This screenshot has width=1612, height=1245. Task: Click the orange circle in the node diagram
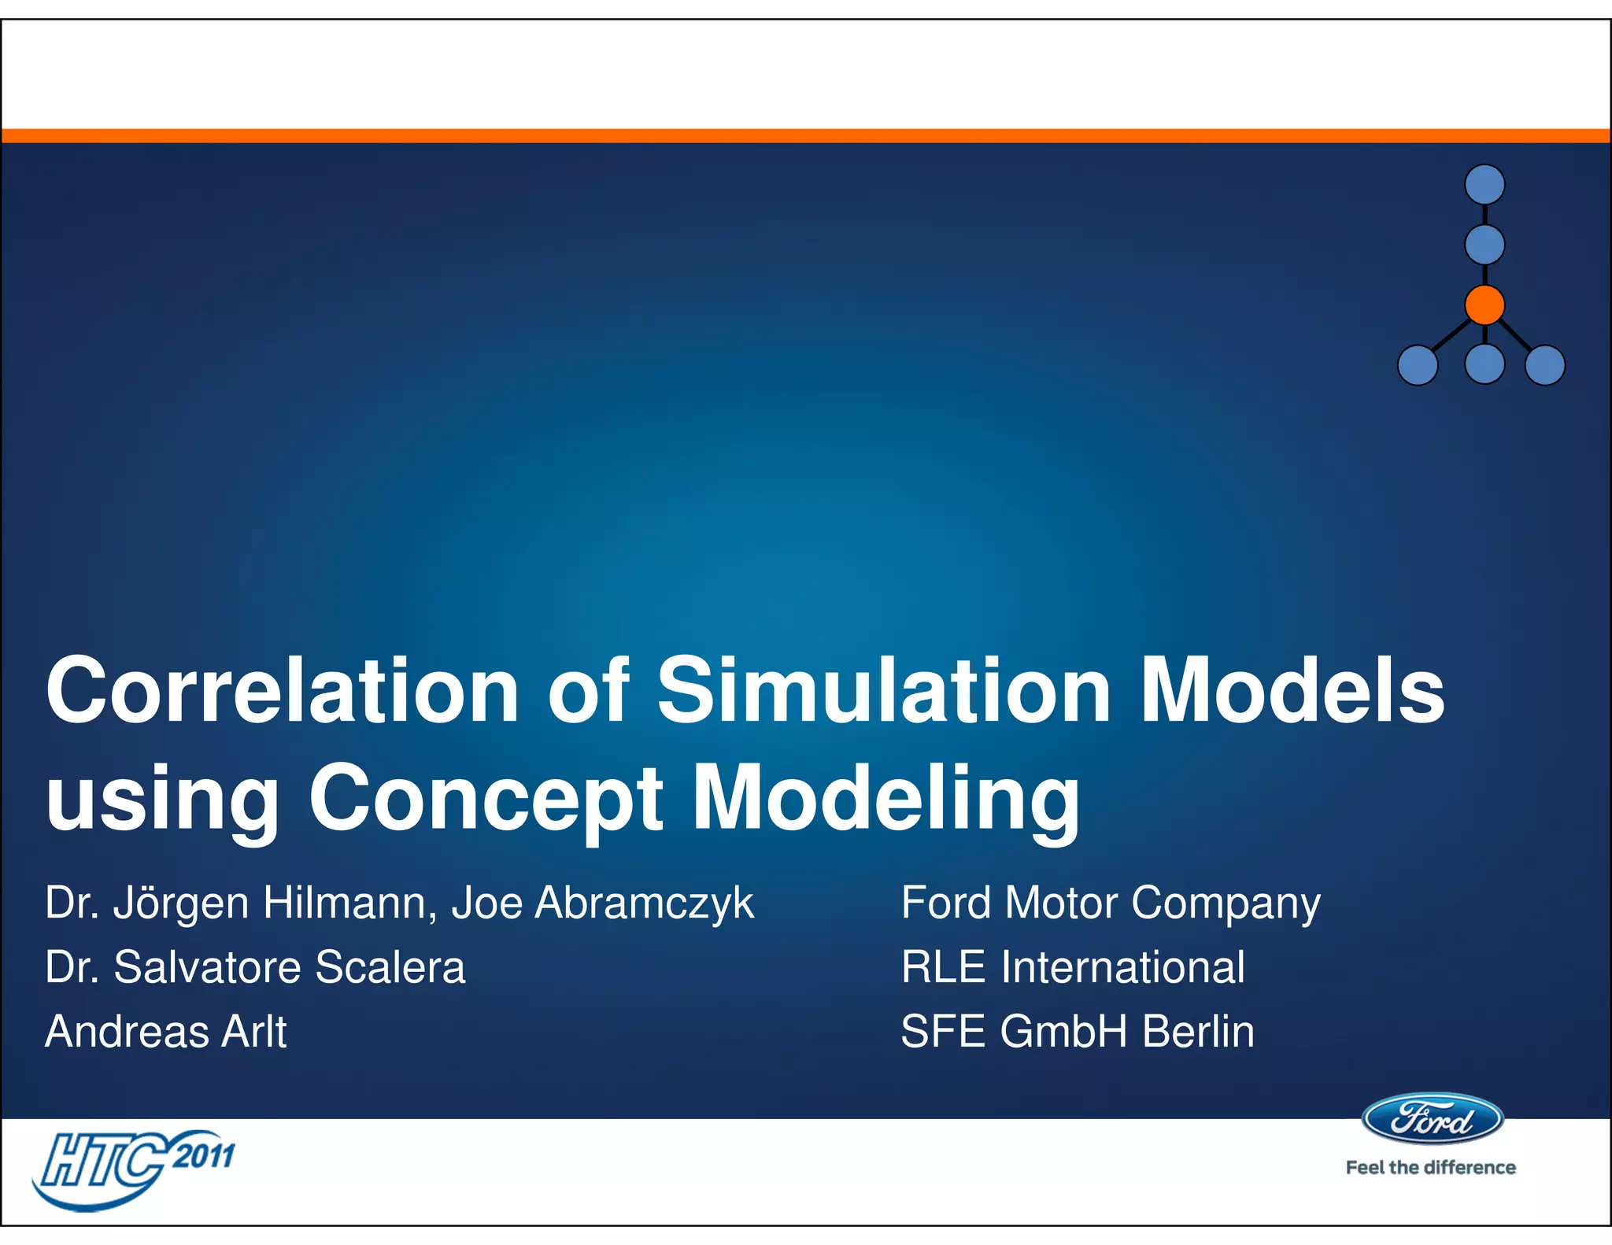(x=1484, y=305)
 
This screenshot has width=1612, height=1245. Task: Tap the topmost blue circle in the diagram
(x=1484, y=185)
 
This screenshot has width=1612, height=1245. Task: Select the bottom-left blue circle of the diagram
(x=1418, y=365)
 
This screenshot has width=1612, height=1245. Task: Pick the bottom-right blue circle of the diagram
(x=1545, y=365)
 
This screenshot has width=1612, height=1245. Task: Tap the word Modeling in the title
(x=885, y=798)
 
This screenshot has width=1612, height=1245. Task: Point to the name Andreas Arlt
(x=166, y=1032)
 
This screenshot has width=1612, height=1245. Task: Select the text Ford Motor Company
(x=1110, y=903)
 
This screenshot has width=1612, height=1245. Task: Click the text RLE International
(x=1072, y=967)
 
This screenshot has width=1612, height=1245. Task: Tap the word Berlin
(x=1197, y=1032)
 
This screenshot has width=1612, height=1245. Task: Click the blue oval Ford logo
(x=1432, y=1119)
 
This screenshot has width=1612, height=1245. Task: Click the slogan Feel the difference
(x=1430, y=1168)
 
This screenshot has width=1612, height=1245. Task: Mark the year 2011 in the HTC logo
(x=204, y=1156)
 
